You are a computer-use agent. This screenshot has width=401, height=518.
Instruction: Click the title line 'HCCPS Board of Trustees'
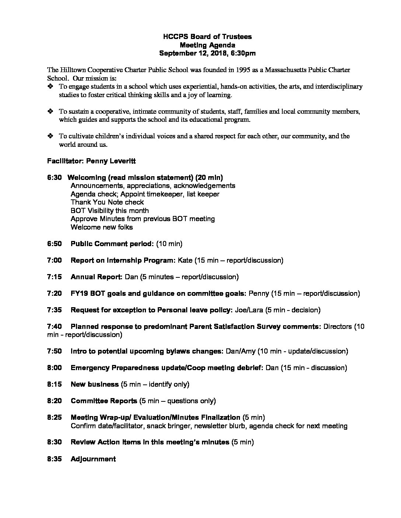click(x=208, y=37)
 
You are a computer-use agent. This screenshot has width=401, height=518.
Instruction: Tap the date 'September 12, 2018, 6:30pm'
click(x=207, y=53)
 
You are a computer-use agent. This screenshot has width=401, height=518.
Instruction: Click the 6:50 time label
click(x=55, y=244)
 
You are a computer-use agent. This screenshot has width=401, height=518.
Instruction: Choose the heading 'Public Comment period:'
click(x=112, y=244)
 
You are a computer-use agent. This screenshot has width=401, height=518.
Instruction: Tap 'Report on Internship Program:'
click(x=123, y=260)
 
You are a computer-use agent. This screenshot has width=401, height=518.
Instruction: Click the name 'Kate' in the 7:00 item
click(x=185, y=260)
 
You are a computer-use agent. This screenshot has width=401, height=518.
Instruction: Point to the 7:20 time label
click(x=55, y=294)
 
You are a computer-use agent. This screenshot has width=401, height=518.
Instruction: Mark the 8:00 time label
click(x=55, y=368)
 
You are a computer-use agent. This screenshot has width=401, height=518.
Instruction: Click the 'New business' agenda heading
click(x=95, y=384)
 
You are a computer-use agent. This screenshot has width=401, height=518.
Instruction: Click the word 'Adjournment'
click(x=93, y=459)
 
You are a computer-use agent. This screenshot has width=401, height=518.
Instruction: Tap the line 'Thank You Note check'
click(x=107, y=202)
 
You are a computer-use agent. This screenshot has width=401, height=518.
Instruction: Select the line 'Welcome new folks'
click(x=102, y=227)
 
